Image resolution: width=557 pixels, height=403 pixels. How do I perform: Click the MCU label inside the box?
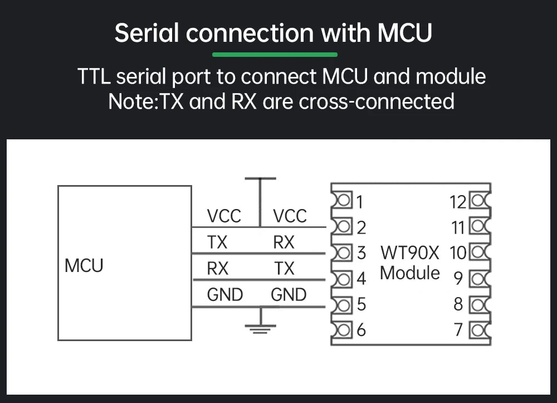tap(84, 265)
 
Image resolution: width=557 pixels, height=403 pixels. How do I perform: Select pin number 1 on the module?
tap(360, 201)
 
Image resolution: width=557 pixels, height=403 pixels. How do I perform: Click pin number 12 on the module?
tap(458, 202)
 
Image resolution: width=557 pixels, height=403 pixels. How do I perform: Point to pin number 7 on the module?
tap(458, 330)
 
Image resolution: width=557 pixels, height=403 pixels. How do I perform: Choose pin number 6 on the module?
tap(361, 330)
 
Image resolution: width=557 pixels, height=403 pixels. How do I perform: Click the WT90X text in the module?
tap(410, 253)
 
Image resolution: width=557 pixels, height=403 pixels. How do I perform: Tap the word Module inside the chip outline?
tap(410, 273)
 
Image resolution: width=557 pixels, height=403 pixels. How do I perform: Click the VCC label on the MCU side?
tap(224, 216)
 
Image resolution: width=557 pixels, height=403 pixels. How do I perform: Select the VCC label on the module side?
tap(290, 216)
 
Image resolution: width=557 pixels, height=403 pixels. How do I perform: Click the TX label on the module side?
tap(284, 269)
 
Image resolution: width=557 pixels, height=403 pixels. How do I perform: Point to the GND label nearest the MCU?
tap(224, 294)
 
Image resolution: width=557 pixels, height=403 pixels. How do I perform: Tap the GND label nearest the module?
tap(289, 294)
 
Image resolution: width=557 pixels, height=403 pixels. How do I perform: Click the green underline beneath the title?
tap(275, 55)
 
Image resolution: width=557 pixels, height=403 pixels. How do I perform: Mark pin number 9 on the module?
tap(458, 278)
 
